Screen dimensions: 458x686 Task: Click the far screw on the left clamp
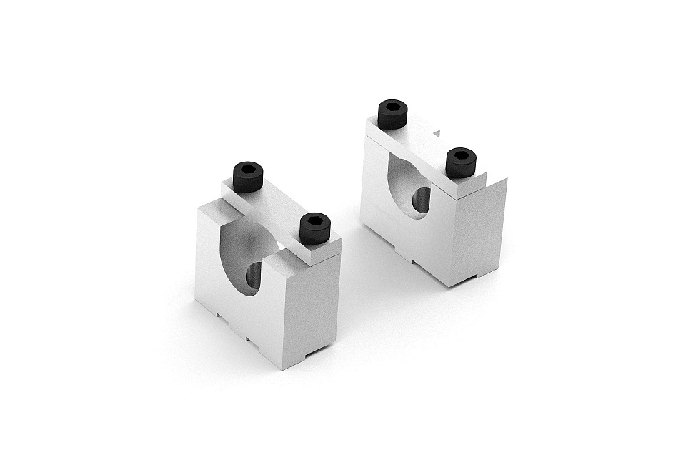coord(248,175)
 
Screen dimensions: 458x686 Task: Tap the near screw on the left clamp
coord(315,227)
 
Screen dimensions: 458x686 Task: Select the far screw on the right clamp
coord(392,113)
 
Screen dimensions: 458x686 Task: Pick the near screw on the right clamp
coord(461,162)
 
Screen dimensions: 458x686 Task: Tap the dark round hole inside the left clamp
coord(254,276)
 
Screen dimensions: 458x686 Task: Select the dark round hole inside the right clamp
coord(422,200)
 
